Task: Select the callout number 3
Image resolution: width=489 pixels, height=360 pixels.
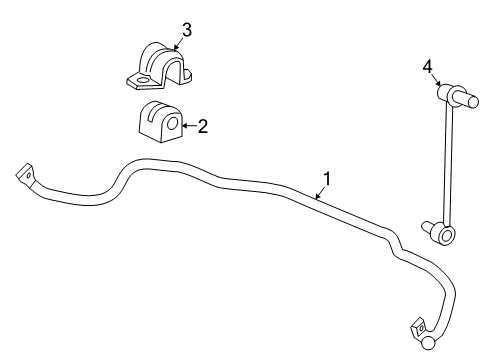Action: click(186, 29)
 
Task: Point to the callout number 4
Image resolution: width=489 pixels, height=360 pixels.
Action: click(427, 67)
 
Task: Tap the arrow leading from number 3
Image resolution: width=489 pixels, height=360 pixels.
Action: click(178, 41)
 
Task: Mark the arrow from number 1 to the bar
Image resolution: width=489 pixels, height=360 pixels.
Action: click(318, 192)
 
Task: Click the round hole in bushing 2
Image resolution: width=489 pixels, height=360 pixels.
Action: click(171, 125)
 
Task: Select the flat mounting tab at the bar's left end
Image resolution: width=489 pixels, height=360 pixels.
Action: click(25, 175)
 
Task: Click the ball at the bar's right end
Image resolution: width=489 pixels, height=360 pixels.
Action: click(427, 344)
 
